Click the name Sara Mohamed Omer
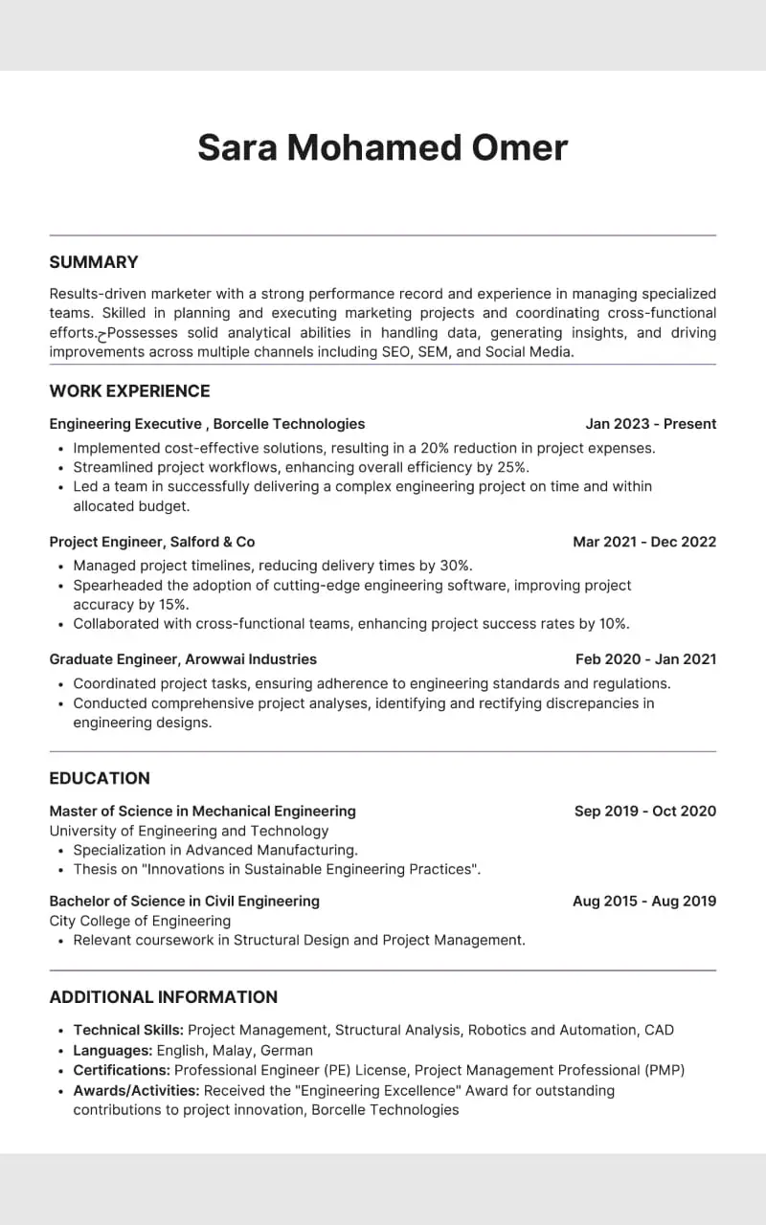[382, 148]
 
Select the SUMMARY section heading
[94, 262]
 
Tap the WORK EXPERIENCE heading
[129, 390]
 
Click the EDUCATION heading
[100, 778]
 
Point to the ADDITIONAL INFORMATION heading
[163, 996]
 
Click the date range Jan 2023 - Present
[650, 424]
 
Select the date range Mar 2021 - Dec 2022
[643, 542]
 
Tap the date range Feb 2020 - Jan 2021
[645, 659]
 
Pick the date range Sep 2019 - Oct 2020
[644, 812]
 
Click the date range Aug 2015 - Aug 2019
[643, 902]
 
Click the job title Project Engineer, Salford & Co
[152, 542]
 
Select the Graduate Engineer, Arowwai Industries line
[183, 659]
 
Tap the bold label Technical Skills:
[128, 1031]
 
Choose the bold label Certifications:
[122, 1070]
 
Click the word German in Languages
[286, 1051]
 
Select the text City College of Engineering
[140, 921]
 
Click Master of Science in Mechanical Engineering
[202, 812]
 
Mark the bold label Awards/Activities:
[136, 1090]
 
